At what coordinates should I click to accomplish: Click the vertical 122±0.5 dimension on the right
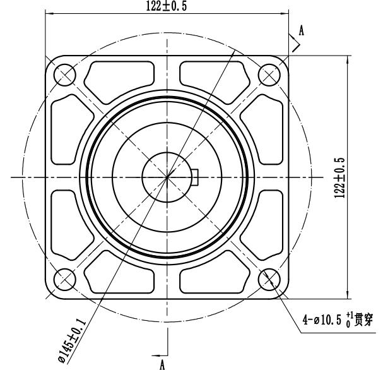pos(339,177)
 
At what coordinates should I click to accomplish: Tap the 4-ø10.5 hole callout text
pos(334,320)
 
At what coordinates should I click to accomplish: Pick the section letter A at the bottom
pos(162,364)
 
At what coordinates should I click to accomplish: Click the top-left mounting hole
pos(64,76)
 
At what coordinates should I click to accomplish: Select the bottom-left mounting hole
pos(64,279)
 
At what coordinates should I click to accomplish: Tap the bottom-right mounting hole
pos(269,279)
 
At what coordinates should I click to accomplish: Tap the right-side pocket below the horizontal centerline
pos(271,222)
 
